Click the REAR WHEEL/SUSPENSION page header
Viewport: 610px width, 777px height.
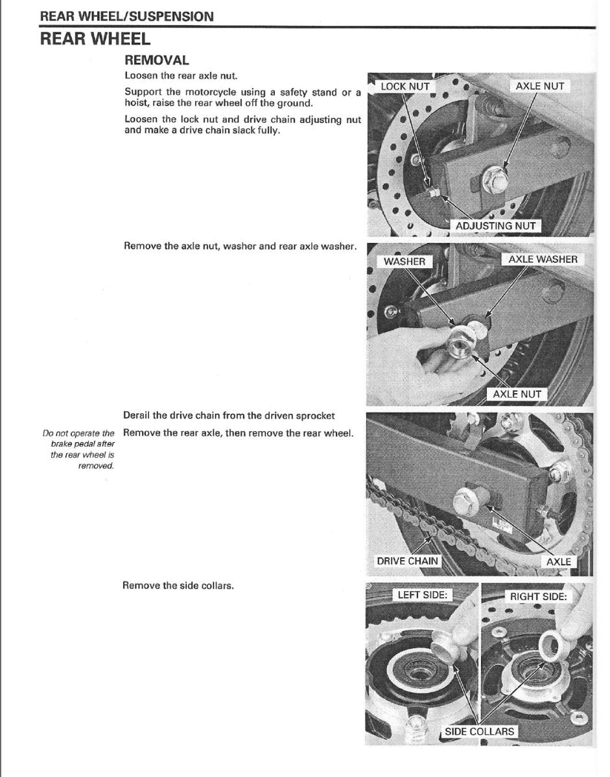click(127, 16)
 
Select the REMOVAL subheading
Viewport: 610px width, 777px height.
click(157, 60)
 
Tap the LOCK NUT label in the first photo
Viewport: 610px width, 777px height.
click(405, 86)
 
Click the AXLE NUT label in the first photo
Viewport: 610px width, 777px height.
click(539, 86)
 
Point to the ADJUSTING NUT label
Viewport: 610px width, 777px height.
click(495, 226)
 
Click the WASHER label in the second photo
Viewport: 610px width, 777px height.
click(405, 262)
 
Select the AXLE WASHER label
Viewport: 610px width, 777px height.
click(542, 260)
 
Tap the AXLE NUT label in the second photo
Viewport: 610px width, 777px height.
click(516, 394)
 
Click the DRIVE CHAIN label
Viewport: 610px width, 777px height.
click(407, 561)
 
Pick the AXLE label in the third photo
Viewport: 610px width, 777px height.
click(558, 561)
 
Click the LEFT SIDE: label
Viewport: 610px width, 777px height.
click(422, 595)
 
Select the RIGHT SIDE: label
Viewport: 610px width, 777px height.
click(538, 596)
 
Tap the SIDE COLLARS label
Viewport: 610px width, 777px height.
click(479, 732)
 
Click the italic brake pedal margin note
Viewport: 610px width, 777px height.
click(78, 449)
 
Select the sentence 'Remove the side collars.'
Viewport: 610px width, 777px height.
click(178, 585)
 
